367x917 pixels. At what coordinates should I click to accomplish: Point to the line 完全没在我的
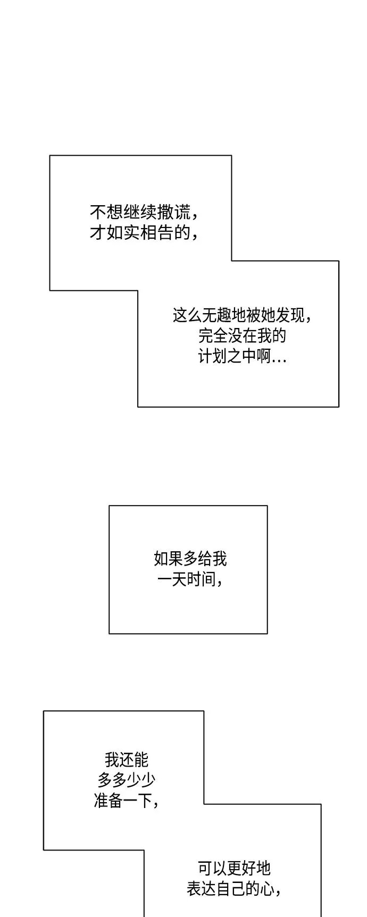[x=242, y=336]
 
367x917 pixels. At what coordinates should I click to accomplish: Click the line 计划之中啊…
[x=243, y=356]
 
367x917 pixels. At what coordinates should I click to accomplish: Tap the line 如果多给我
[x=190, y=559]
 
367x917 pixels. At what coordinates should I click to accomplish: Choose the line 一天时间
[x=190, y=579]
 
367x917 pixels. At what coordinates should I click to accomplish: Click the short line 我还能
[x=127, y=760]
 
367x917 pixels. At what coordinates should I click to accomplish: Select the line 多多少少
[x=127, y=780]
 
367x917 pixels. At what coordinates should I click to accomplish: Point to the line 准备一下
[x=127, y=800]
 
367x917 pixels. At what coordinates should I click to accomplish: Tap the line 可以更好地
[x=235, y=868]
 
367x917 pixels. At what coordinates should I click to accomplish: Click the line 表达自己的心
[x=235, y=888]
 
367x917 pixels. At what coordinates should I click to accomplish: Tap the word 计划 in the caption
[x=213, y=356]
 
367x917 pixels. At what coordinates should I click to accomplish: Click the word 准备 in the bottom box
[x=109, y=800]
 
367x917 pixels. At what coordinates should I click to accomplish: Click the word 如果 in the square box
[x=168, y=559]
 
